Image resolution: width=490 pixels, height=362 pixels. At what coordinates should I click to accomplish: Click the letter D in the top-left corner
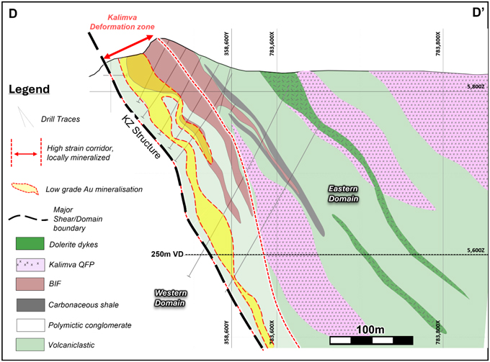coord(13,14)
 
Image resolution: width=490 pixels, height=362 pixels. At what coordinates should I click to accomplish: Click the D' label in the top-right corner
coord(478,13)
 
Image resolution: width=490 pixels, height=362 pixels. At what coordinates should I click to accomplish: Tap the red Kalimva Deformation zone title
coord(122,22)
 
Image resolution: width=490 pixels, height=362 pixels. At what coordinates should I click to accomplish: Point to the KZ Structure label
coord(141,136)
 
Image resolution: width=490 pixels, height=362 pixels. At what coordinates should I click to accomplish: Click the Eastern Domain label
coord(343,194)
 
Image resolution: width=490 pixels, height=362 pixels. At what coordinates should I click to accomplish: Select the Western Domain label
coord(171,298)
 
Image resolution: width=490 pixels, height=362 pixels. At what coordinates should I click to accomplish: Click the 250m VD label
coord(167,254)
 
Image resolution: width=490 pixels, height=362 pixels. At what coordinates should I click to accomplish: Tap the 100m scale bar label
coord(370,330)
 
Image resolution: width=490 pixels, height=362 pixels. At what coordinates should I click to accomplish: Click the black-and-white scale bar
coord(371,340)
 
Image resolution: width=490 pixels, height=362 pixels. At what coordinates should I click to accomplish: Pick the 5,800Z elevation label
coord(476,86)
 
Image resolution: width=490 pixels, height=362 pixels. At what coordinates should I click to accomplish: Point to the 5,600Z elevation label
coord(476,250)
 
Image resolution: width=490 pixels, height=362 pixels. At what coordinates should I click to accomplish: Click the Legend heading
coord(29,89)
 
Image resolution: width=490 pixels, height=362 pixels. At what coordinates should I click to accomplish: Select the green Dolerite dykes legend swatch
coord(30,243)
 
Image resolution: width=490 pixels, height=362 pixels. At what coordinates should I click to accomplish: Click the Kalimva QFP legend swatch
coord(30,265)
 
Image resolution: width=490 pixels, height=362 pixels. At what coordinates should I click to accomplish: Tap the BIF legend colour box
coord(30,284)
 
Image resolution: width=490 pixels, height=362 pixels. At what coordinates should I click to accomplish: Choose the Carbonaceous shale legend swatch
coord(30,305)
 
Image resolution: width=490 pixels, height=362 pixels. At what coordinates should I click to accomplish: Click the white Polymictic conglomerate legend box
coord(30,325)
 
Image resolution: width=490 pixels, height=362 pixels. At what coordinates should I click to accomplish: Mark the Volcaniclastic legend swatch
coord(30,345)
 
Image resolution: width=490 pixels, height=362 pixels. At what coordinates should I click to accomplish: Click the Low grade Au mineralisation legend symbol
coord(25,189)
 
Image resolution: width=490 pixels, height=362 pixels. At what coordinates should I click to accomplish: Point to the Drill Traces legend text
coord(61,119)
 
